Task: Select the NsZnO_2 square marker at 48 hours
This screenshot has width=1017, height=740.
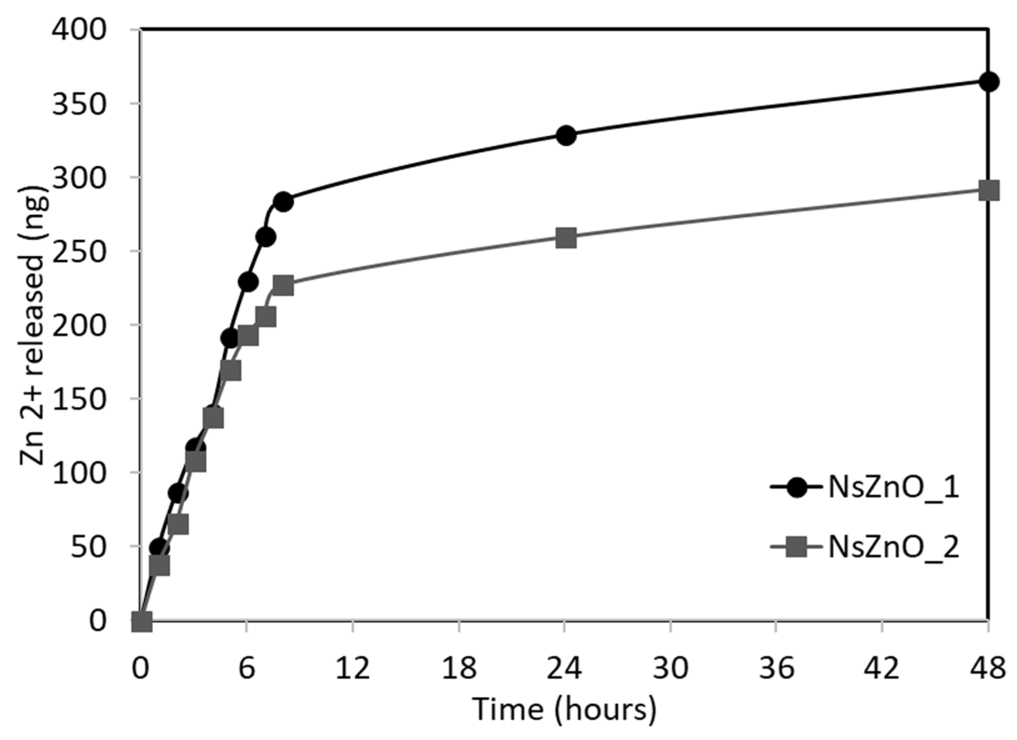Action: (989, 191)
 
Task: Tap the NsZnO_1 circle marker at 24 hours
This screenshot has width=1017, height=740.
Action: (566, 136)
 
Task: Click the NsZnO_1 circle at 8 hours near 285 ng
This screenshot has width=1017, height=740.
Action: (283, 202)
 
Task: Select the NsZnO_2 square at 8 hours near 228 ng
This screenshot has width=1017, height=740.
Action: (283, 286)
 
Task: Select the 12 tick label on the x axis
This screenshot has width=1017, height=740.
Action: (353, 668)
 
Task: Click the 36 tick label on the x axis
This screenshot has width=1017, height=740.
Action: (777, 668)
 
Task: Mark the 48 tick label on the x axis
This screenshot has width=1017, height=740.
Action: (988, 668)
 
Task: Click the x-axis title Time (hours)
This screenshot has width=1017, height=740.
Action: (565, 710)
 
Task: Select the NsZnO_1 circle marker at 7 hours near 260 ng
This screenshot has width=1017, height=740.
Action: (266, 237)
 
